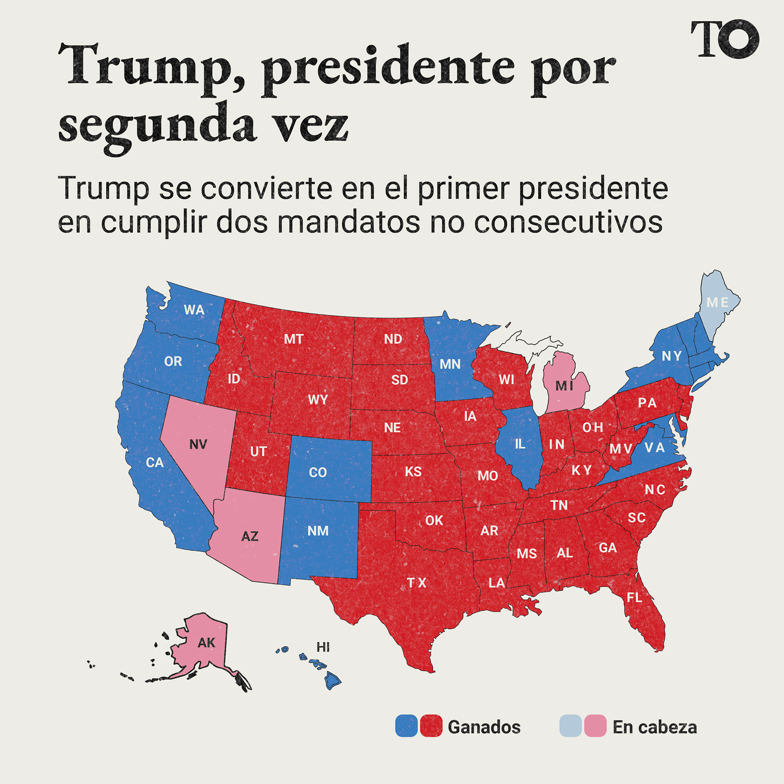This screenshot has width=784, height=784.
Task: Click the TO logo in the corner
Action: [x=724, y=39]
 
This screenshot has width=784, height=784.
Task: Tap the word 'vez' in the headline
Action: [x=310, y=125]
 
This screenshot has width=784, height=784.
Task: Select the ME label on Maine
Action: [x=717, y=303]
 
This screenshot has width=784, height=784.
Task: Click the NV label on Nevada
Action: [x=198, y=444]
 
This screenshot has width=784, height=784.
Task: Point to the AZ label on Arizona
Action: [x=249, y=536]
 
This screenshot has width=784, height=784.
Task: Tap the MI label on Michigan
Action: [x=564, y=386]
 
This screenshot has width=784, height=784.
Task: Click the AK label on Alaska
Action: [x=206, y=643]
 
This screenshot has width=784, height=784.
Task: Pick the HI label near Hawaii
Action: [x=323, y=647]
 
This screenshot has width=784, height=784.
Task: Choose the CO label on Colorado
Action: [x=318, y=472]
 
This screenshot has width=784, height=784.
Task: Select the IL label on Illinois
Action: [x=520, y=444]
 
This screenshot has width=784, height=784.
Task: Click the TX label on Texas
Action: [x=416, y=583]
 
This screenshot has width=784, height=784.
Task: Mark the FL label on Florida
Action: [x=634, y=598]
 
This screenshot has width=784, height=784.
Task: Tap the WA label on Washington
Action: [x=194, y=310]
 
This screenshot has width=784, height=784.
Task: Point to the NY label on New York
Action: [x=671, y=356]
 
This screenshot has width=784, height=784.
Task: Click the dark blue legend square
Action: [x=406, y=726]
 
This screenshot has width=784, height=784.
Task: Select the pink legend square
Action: [x=595, y=726]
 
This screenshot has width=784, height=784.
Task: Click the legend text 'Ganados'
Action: [x=484, y=727]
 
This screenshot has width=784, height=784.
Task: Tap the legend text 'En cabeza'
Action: [x=655, y=727]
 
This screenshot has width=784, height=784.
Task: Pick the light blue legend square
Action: [x=570, y=726]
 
